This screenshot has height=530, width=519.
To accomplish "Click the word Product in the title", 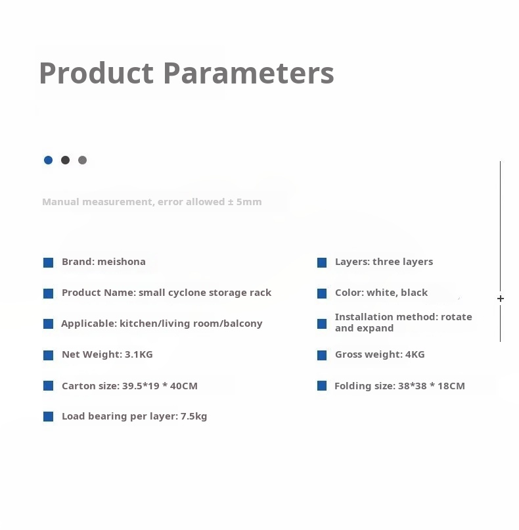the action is pyautogui.click(x=97, y=73).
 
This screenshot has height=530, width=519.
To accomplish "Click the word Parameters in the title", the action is pyautogui.click(x=249, y=73).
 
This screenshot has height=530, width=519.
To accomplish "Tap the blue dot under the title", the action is pyautogui.click(x=49, y=160).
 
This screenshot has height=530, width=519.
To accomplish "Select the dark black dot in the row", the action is pyautogui.click(x=65, y=160).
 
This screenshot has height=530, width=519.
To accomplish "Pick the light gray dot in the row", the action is pyautogui.click(x=82, y=160).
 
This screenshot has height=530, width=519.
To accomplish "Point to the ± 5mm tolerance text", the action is pyautogui.click(x=244, y=202).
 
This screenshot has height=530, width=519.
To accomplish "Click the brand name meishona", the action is pyautogui.click(x=122, y=262).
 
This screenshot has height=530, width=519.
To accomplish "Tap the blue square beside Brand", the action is pyautogui.click(x=49, y=262).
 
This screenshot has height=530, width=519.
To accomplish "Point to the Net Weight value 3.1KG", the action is pyautogui.click(x=139, y=354).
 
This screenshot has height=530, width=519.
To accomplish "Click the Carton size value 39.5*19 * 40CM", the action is pyautogui.click(x=160, y=386).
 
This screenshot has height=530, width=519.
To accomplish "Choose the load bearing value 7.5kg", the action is pyautogui.click(x=194, y=416).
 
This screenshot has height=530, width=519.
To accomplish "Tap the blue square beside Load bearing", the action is pyautogui.click(x=49, y=417).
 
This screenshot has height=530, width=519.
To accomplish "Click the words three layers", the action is pyautogui.click(x=403, y=262).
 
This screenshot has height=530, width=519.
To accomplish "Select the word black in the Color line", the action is pyautogui.click(x=415, y=293).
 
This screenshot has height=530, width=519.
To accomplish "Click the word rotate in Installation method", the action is pyautogui.click(x=457, y=317).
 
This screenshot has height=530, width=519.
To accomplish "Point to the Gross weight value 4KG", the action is pyautogui.click(x=415, y=354).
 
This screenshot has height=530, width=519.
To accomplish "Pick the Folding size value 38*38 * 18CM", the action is pyautogui.click(x=432, y=386).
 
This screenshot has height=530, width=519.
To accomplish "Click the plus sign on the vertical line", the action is pyautogui.click(x=501, y=299).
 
